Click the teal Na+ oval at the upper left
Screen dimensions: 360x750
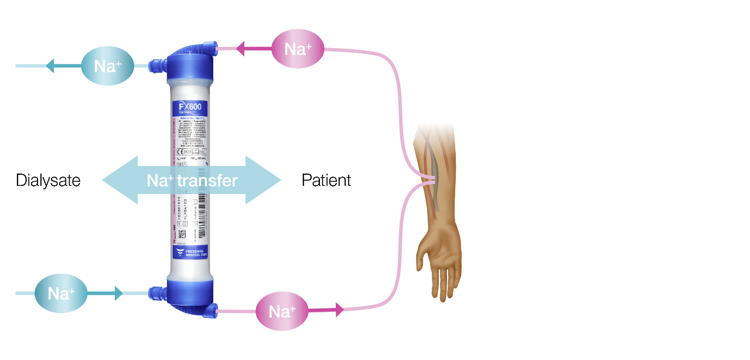pyautogui.click(x=107, y=66)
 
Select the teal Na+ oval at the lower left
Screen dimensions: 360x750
pyautogui.click(x=61, y=293)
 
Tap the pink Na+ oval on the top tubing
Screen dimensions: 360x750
pyautogui.click(x=298, y=49)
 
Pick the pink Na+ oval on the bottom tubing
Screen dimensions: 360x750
pyautogui.click(x=282, y=311)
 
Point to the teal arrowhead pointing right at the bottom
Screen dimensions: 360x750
pyautogui.click(x=118, y=293)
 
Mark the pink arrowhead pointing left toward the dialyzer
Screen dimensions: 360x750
pyautogui.click(x=240, y=49)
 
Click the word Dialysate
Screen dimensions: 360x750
pyautogui.click(x=48, y=181)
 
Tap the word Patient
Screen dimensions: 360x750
pyautogui.click(x=326, y=181)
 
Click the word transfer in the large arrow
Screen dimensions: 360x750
pyautogui.click(x=207, y=181)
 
